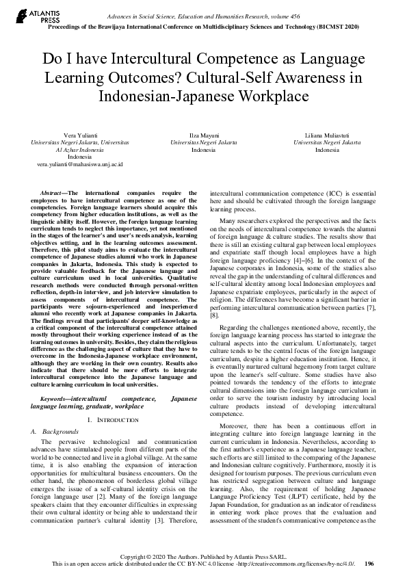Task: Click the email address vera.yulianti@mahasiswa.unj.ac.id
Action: click(x=80, y=165)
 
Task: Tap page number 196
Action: click(x=369, y=565)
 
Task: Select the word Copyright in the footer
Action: click(x=154, y=558)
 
